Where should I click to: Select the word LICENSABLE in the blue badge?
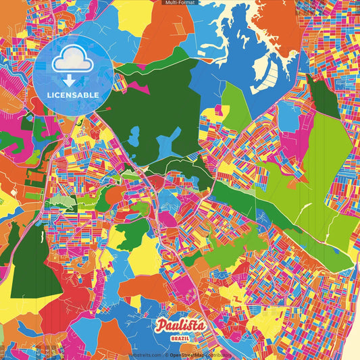(x=74, y=94)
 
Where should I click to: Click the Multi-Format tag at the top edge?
(x=180, y=3)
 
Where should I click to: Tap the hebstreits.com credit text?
(x=146, y=355)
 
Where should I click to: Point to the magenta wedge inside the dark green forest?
(x=138, y=87)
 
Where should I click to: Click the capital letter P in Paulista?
(x=161, y=326)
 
